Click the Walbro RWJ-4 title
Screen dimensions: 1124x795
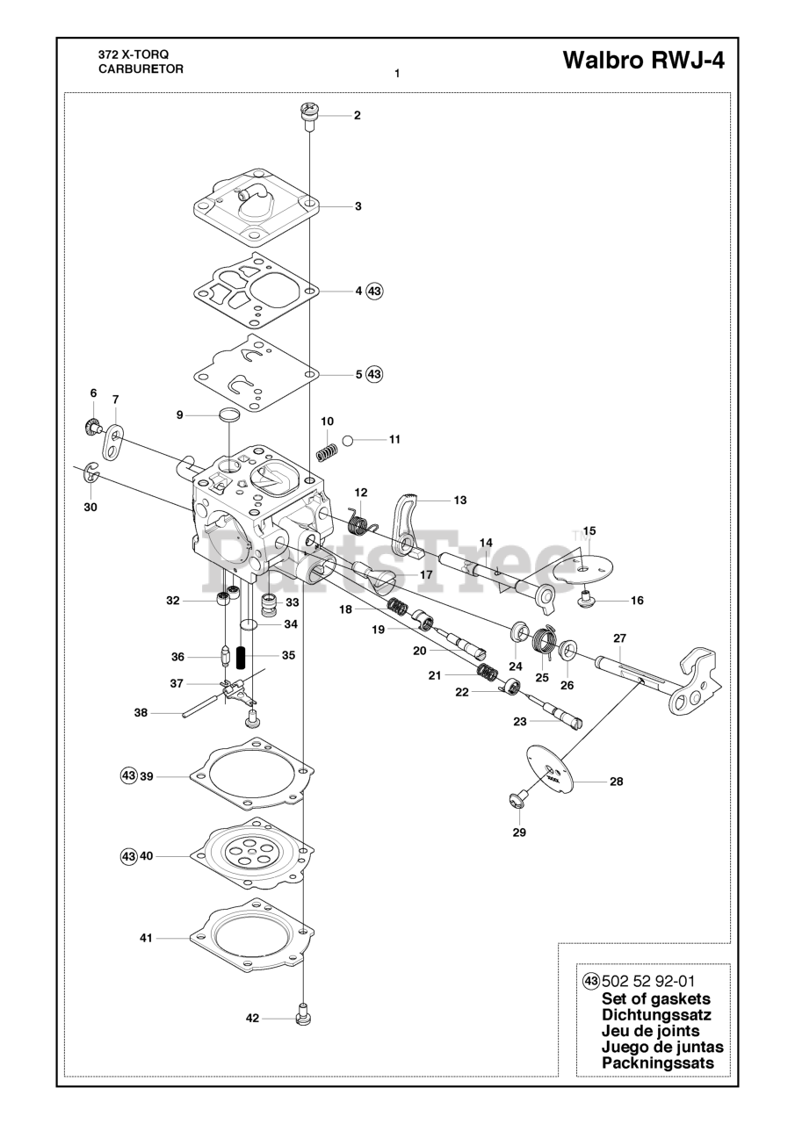click(644, 61)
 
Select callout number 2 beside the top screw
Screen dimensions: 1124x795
click(357, 115)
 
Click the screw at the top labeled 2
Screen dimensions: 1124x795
click(308, 115)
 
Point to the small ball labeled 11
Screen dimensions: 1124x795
click(348, 439)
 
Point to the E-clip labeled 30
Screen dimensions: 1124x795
click(93, 475)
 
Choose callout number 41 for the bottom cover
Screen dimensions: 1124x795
click(146, 938)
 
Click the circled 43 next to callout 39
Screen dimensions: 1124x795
click(128, 775)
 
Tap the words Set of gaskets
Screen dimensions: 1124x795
click(655, 998)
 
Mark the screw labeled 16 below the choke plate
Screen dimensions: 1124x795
click(584, 600)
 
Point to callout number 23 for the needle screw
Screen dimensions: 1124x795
click(519, 721)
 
